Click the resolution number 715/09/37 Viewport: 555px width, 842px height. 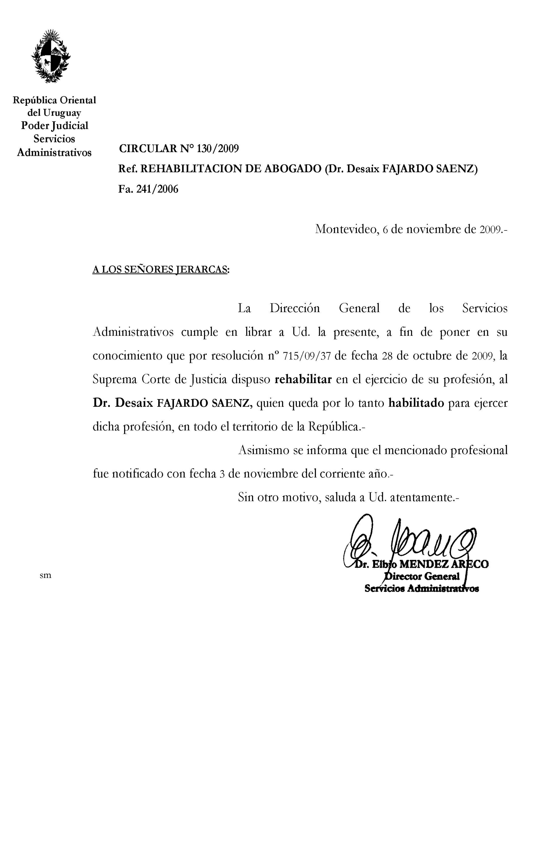[307, 356]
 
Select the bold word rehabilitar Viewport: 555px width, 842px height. [303, 379]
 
